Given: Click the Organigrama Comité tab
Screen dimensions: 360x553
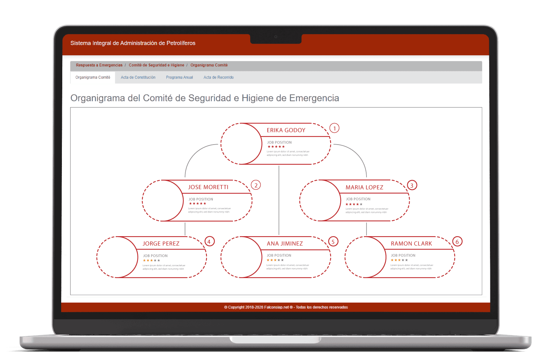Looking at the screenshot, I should click(x=93, y=77).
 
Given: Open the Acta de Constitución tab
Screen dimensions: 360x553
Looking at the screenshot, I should click(x=138, y=77).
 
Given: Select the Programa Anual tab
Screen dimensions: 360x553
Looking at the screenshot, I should click(x=179, y=77).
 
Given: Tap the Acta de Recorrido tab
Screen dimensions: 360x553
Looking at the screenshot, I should click(x=218, y=77).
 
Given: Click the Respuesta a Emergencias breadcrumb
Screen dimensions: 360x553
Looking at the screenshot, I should click(x=99, y=65).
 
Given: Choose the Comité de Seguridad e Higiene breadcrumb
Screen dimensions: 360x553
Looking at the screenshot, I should click(x=156, y=65).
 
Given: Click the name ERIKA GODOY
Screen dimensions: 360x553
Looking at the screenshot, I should click(x=286, y=131).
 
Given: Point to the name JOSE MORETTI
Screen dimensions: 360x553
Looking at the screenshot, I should click(x=208, y=187).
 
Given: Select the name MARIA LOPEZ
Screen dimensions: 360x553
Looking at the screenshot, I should click(x=364, y=188).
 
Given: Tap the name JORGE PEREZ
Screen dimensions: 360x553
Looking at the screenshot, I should click(x=161, y=244).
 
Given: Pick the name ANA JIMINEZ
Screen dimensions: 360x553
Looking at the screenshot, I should click(x=285, y=244).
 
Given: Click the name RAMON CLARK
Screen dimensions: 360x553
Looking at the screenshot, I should click(x=411, y=244).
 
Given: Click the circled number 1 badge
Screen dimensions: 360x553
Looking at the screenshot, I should click(x=334, y=128).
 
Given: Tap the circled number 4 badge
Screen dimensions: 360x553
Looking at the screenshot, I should click(x=209, y=242).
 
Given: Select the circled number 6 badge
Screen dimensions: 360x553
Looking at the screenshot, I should click(x=457, y=242).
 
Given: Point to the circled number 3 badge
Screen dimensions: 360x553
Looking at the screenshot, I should click(x=412, y=185).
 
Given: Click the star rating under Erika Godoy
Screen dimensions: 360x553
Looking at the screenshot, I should click(x=276, y=147).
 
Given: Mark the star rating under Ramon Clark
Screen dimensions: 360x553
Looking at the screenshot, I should click(x=399, y=260).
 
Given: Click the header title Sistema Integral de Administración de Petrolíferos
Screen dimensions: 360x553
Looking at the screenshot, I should click(x=133, y=43).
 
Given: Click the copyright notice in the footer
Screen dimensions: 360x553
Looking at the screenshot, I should click(x=286, y=307).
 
